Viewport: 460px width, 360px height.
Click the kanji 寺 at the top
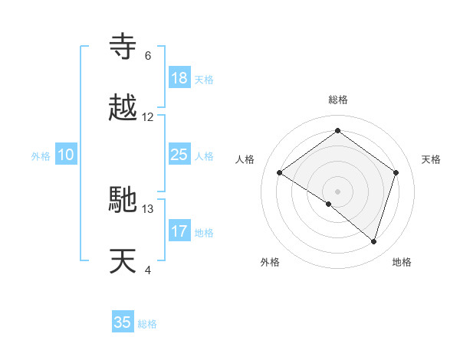pyautogui.click(x=124, y=48)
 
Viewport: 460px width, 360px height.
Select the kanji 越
pyautogui.click(x=124, y=108)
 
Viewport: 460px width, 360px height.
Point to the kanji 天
pyautogui.click(x=124, y=260)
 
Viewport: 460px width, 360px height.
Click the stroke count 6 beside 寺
pyautogui.click(x=147, y=56)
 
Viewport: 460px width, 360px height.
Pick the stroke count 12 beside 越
pyautogui.click(x=148, y=116)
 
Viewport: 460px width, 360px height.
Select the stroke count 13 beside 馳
pyautogui.click(x=148, y=208)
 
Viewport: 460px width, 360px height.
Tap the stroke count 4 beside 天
pyautogui.click(x=147, y=269)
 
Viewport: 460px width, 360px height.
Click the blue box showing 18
pyautogui.click(x=179, y=78)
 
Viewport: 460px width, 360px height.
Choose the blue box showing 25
pyautogui.click(x=179, y=155)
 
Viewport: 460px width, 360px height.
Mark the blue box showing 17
pyautogui.click(x=179, y=231)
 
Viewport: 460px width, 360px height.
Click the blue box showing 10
pyautogui.click(x=66, y=155)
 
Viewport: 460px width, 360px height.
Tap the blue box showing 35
pyautogui.click(x=123, y=322)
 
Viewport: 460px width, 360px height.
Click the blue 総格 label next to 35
pyautogui.click(x=147, y=324)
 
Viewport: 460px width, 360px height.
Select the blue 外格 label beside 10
pyautogui.click(x=41, y=156)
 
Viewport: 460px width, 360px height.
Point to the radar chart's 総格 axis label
pyautogui.click(x=337, y=100)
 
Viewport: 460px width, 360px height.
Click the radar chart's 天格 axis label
pyautogui.click(x=432, y=159)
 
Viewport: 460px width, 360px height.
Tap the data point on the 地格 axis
pyautogui.click(x=373, y=241)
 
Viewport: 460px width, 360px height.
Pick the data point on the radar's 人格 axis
pyautogui.click(x=280, y=173)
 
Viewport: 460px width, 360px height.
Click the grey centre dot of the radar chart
pyautogui.click(x=337, y=191)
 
